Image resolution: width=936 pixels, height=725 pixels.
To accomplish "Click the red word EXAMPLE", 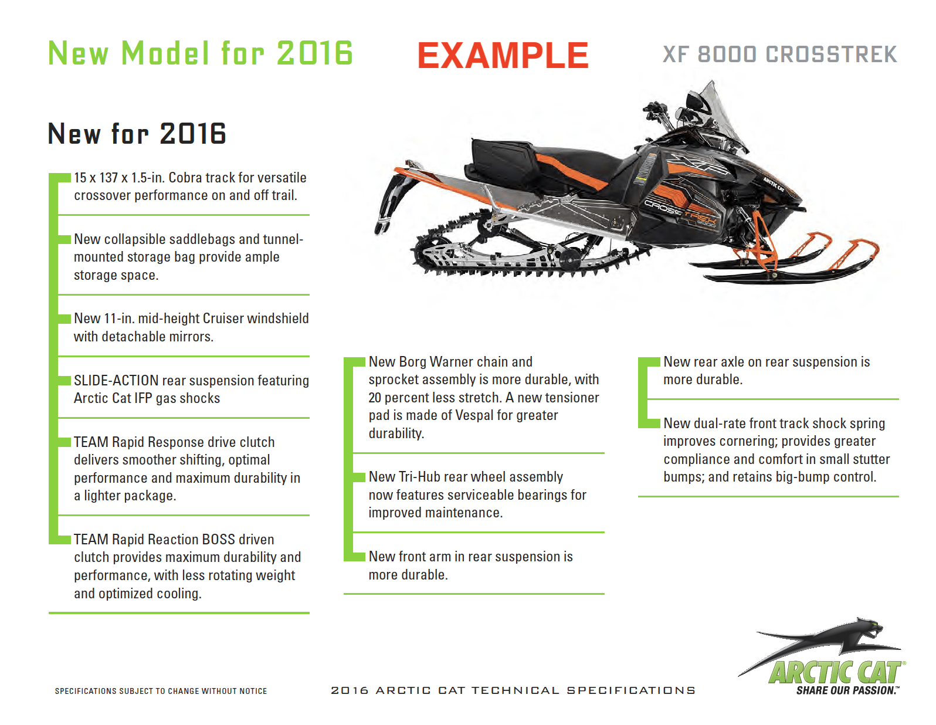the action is (502, 55).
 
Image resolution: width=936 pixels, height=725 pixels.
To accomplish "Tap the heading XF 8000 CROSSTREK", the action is (779, 55).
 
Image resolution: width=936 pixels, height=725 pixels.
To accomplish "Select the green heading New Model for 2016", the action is (201, 53).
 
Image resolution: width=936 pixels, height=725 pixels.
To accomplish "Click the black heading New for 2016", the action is (137, 133).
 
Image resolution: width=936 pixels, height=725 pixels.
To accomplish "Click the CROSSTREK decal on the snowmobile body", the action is (680, 214).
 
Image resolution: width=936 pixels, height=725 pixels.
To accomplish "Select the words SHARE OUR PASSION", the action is (847, 690).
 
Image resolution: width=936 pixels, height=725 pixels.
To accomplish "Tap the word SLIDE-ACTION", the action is (116, 380).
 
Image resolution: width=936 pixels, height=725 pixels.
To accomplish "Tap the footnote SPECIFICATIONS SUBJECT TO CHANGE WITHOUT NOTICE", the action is (161, 691).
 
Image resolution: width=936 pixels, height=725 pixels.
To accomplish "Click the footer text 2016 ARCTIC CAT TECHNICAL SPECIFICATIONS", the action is (513, 690).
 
